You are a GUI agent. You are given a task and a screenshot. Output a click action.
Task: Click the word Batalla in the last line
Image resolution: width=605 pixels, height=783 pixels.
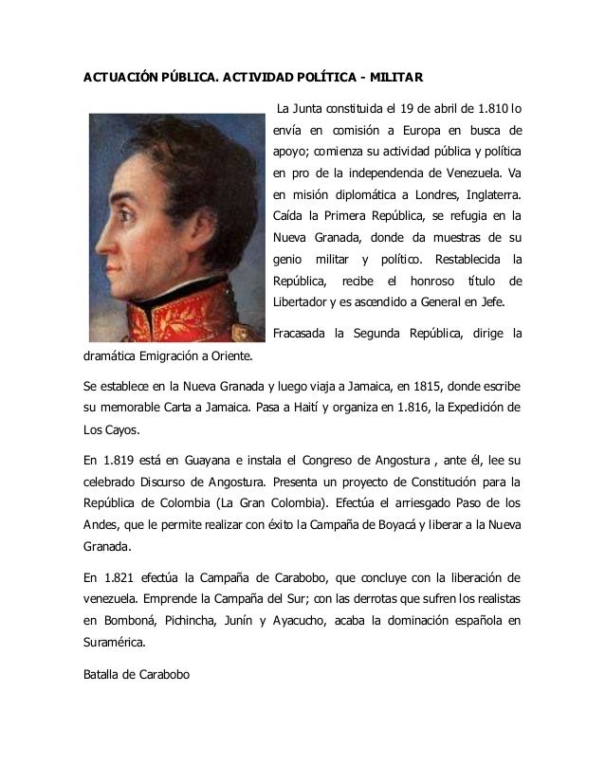point(98,675)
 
